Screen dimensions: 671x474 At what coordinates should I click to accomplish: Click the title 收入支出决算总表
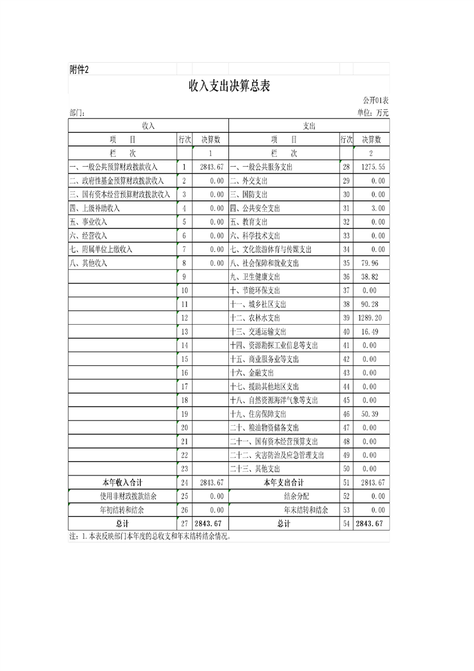click(x=230, y=86)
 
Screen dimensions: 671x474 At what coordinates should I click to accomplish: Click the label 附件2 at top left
click(x=79, y=69)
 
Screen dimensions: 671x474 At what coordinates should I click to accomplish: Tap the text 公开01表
click(x=375, y=100)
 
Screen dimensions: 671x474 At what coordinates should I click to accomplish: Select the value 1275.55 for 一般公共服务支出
click(x=373, y=167)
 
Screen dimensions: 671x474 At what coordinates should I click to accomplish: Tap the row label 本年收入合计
click(x=122, y=483)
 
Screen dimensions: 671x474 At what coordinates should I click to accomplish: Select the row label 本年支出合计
click(x=283, y=483)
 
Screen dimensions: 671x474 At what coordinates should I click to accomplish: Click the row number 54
click(x=345, y=524)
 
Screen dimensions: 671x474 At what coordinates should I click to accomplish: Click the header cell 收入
click(x=148, y=126)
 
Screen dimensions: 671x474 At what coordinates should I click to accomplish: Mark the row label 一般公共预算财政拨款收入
click(x=114, y=167)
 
